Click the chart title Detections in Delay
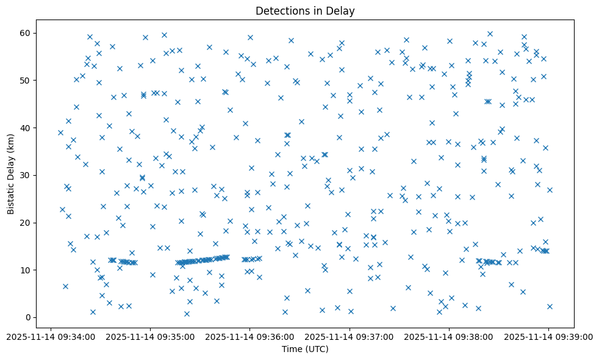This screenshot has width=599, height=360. (305, 11)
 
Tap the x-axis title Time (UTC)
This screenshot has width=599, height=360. (305, 349)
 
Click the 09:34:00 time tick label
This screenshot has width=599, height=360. (51, 336)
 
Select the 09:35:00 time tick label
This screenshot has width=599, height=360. (150, 336)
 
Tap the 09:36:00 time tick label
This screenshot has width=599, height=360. (250, 336)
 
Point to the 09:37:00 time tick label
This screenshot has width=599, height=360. (350, 336)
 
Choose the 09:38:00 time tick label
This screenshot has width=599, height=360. (449, 336)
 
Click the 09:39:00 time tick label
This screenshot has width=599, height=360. (548, 336)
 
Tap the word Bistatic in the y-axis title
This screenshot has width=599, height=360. (12, 196)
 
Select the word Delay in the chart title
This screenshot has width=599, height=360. (342, 11)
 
